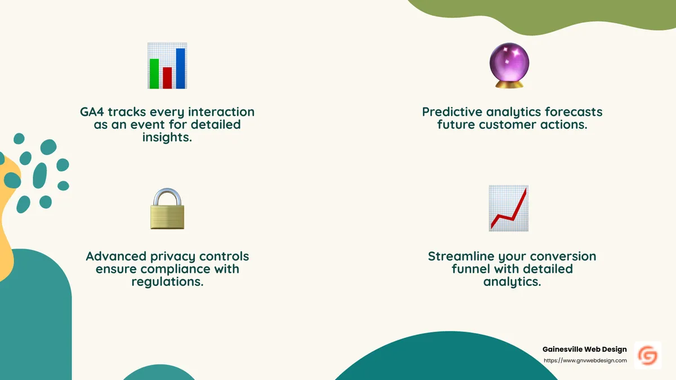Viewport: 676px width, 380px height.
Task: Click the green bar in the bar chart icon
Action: click(x=154, y=73)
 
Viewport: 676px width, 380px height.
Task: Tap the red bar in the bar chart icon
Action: click(x=167, y=78)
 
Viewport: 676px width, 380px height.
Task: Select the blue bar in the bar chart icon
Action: click(x=180, y=68)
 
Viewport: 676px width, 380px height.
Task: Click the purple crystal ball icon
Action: click(x=509, y=63)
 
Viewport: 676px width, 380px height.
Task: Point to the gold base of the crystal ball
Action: click(x=509, y=84)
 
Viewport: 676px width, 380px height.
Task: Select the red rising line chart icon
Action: click(x=509, y=209)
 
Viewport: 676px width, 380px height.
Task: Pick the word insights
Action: click(x=167, y=137)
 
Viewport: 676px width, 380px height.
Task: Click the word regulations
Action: click(x=167, y=281)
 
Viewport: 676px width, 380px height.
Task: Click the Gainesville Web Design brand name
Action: click(x=584, y=350)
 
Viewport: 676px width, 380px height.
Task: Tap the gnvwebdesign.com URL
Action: click(x=585, y=360)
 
